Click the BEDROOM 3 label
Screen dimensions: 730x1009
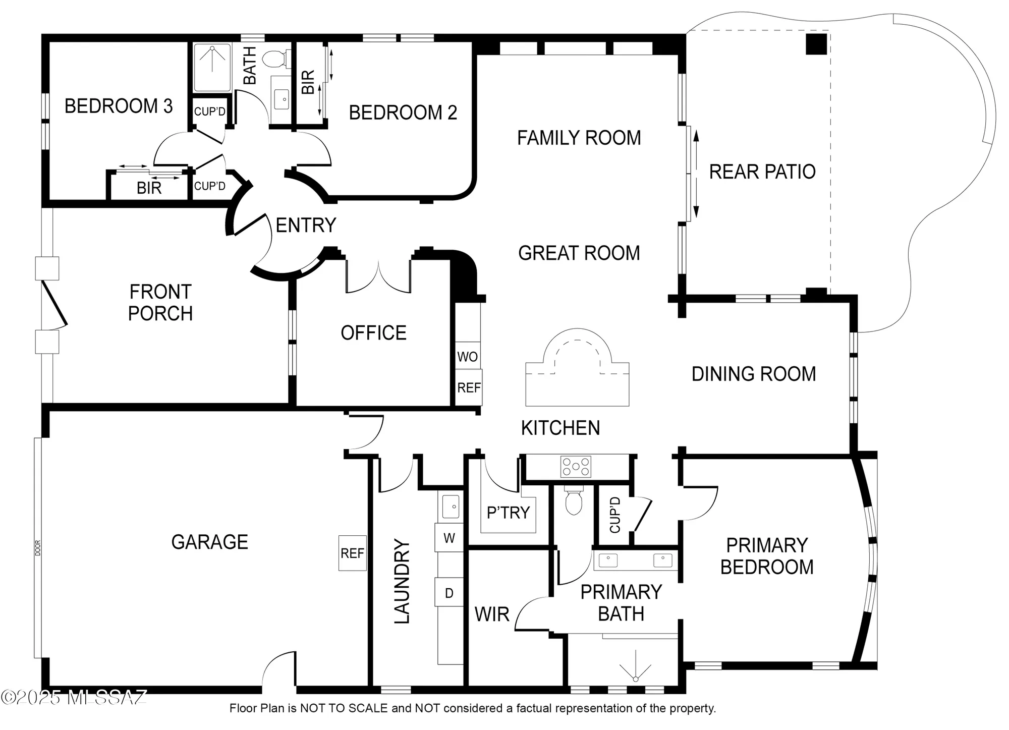pos(119,106)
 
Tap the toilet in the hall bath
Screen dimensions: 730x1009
pos(275,59)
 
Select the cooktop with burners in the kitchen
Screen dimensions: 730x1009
pos(576,467)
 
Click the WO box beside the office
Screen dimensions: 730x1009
pos(467,357)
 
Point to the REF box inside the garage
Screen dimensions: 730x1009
pos(352,553)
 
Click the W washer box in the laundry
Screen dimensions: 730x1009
pos(449,538)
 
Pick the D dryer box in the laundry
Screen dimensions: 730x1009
pos(449,593)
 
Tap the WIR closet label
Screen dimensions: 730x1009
pos(492,614)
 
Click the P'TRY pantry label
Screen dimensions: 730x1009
pos(508,513)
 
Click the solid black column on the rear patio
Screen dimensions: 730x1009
pos(816,43)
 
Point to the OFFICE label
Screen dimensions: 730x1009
pos(373,333)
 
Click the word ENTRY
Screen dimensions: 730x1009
pos(306,225)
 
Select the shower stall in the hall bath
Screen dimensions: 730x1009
pos(212,67)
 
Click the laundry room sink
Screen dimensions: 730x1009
pos(451,507)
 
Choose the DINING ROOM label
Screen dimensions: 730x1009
pos(754,374)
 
